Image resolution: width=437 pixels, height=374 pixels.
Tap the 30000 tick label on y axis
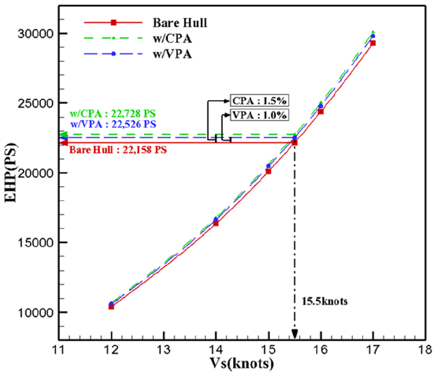[x=36, y=34]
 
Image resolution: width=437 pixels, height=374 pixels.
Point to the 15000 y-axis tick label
[x=36, y=242]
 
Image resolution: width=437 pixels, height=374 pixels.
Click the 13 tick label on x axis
[x=164, y=349]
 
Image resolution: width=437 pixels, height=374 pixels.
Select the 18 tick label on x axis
[x=425, y=349]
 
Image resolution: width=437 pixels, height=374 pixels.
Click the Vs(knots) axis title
[x=242, y=363]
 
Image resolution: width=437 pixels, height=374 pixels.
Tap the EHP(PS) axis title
[x=10, y=173]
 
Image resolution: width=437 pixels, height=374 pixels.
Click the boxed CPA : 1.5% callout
[x=259, y=100]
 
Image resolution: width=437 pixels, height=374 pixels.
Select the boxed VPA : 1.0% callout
[x=259, y=115]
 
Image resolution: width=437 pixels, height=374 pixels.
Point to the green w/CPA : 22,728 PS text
[x=113, y=114]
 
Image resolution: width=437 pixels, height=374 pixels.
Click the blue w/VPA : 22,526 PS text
[x=113, y=124]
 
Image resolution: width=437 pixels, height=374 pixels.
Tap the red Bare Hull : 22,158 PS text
[x=118, y=150]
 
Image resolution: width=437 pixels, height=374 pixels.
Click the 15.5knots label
[x=325, y=301]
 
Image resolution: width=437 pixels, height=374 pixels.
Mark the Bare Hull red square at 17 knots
[x=373, y=43]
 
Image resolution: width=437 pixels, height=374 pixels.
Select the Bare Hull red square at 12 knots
[x=111, y=306]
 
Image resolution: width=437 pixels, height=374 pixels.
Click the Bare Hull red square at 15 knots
[x=268, y=171]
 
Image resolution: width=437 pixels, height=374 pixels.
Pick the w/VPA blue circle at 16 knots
[x=321, y=106]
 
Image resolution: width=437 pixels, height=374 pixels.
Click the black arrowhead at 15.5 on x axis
[x=295, y=334]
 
